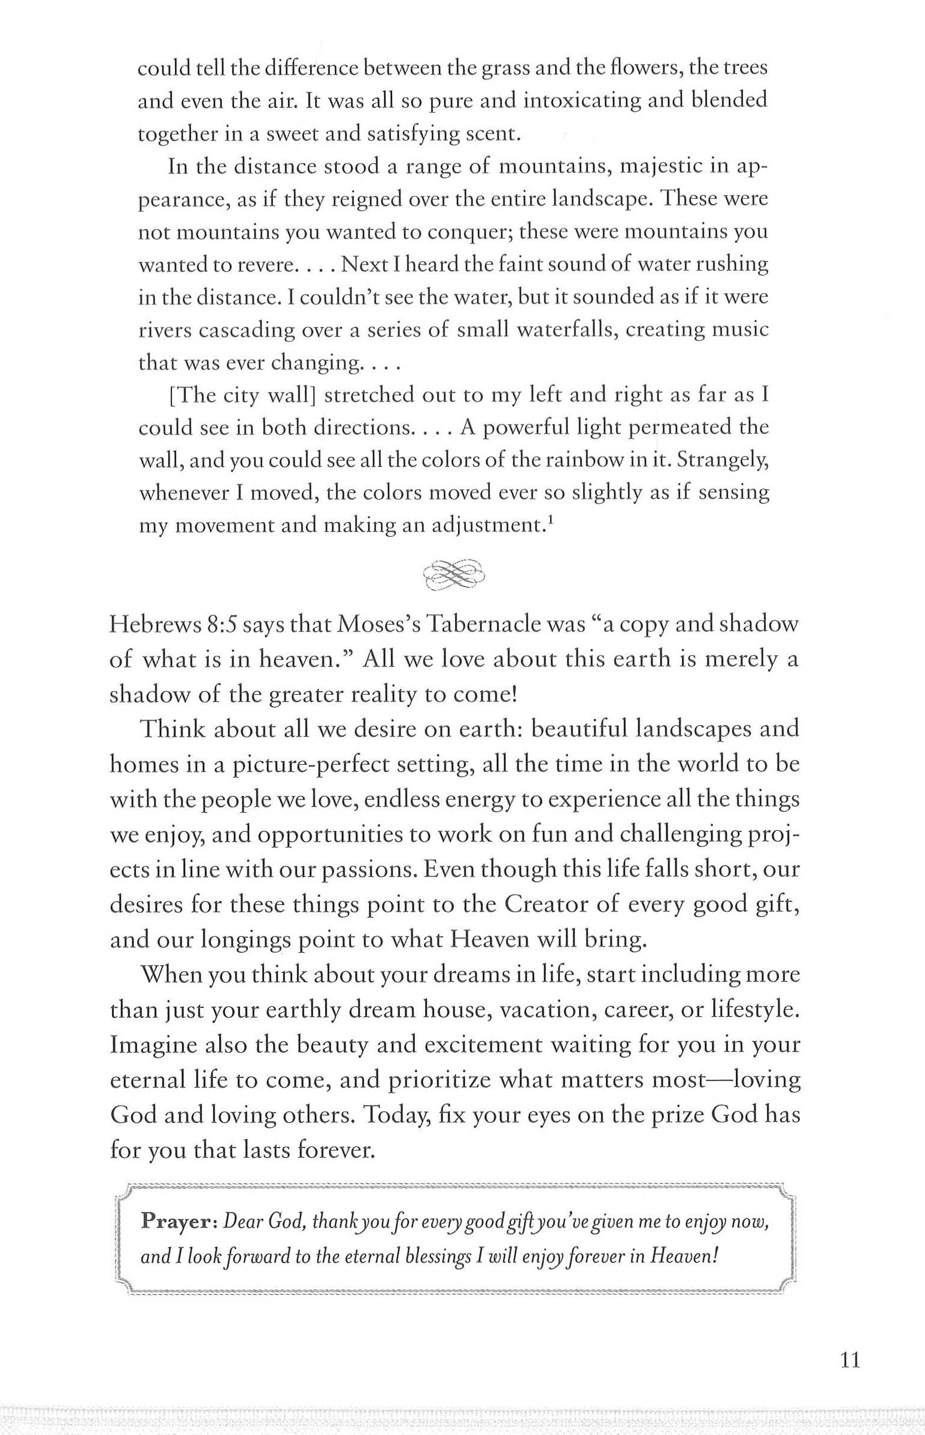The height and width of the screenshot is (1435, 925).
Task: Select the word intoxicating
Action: [x=577, y=100]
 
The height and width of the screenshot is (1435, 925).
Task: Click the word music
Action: [x=741, y=331]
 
